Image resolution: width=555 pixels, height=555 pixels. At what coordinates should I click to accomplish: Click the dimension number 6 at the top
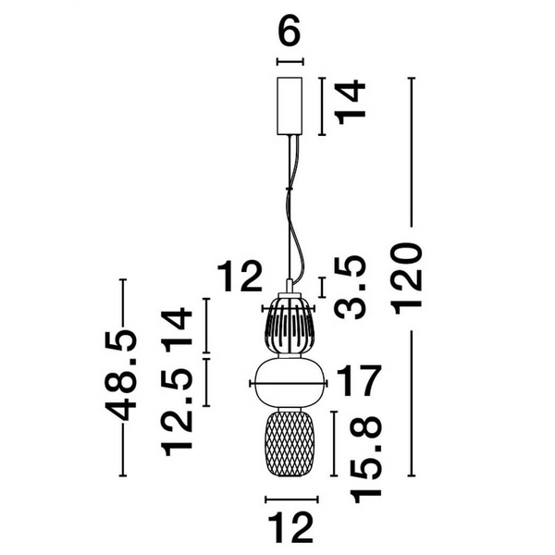(290, 32)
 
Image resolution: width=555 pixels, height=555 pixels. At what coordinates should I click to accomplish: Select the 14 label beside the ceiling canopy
(350, 102)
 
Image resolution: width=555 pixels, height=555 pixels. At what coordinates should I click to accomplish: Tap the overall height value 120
(408, 278)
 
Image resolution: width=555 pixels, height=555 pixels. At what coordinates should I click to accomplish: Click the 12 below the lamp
(290, 528)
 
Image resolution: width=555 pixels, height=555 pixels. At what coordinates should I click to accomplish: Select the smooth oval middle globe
(290, 382)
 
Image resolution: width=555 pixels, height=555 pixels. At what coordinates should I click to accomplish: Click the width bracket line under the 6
(290, 62)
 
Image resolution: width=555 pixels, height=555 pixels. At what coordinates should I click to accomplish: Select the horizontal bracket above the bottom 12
(290, 499)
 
